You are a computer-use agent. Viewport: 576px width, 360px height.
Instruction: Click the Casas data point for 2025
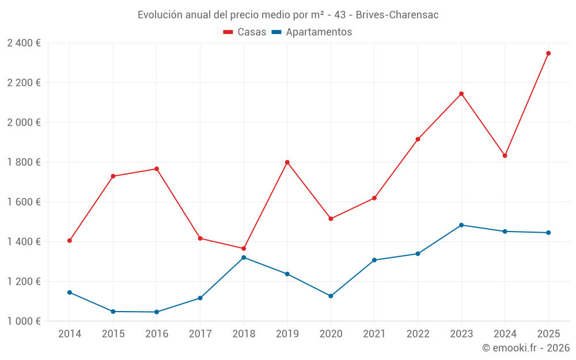click(548, 54)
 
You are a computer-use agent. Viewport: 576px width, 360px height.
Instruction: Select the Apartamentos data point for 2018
click(244, 257)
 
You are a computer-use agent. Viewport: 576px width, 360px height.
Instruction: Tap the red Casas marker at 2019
click(287, 162)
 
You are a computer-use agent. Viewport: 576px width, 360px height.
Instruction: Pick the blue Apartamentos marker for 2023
click(461, 225)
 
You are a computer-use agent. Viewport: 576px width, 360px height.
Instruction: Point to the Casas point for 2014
click(70, 241)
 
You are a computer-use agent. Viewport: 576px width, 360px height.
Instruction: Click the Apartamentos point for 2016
click(157, 312)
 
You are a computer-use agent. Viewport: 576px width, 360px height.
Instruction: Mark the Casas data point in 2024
click(505, 156)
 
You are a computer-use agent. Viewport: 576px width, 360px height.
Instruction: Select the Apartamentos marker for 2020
click(331, 296)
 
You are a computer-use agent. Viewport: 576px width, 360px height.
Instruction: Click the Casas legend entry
click(245, 32)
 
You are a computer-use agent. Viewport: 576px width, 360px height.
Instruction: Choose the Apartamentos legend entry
click(312, 32)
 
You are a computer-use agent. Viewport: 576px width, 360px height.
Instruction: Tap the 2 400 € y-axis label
click(24, 43)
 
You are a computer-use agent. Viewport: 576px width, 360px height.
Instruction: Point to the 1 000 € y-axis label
click(24, 321)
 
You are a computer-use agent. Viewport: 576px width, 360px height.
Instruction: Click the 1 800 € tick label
click(24, 162)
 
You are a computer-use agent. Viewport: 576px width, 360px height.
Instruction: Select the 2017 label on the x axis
click(200, 334)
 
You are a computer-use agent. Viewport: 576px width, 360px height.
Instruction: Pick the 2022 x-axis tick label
click(418, 334)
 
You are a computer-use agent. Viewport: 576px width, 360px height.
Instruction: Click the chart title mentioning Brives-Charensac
click(288, 15)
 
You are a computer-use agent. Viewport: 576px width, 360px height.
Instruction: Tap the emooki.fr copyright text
click(526, 348)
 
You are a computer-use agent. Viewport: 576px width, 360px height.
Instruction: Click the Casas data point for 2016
click(157, 169)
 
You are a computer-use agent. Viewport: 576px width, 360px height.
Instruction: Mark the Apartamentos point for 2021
click(374, 260)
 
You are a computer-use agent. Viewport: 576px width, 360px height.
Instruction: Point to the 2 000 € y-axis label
click(24, 123)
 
